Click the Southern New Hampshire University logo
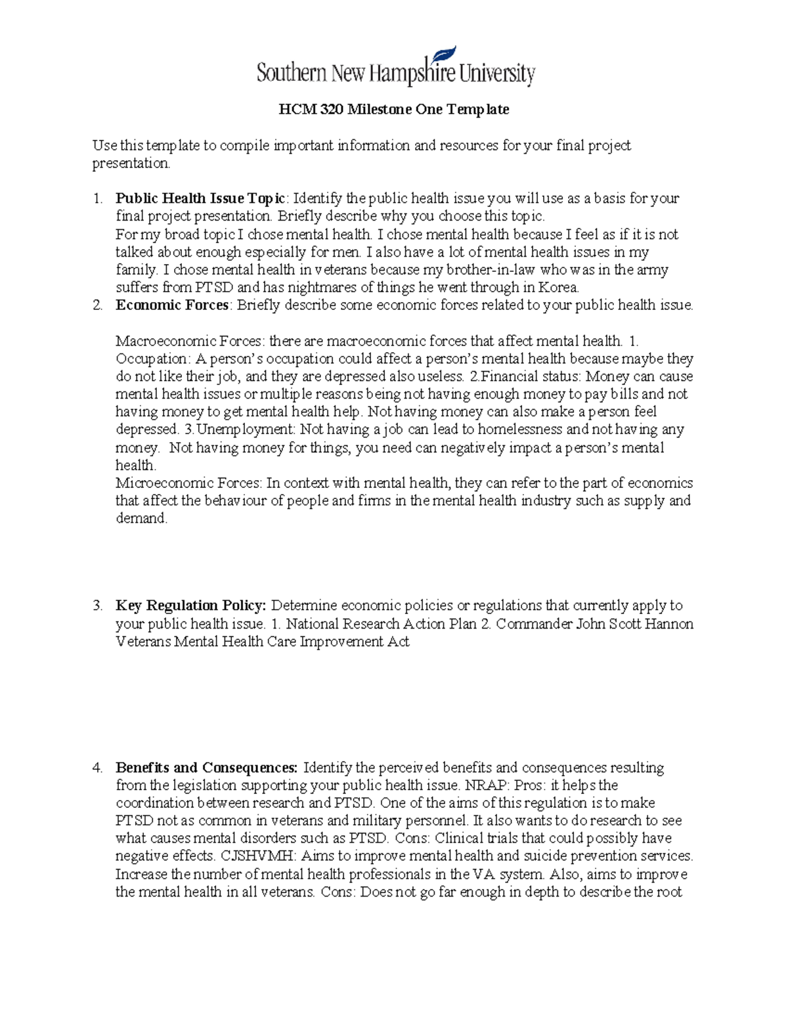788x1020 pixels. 395,68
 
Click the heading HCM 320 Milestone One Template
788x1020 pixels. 393,109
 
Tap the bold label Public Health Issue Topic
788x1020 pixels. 200,198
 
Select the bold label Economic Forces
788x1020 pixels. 172,305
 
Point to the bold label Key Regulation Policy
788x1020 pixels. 190,606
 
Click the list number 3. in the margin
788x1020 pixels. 97,606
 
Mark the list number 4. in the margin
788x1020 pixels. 97,768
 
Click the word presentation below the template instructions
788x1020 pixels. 130,164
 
